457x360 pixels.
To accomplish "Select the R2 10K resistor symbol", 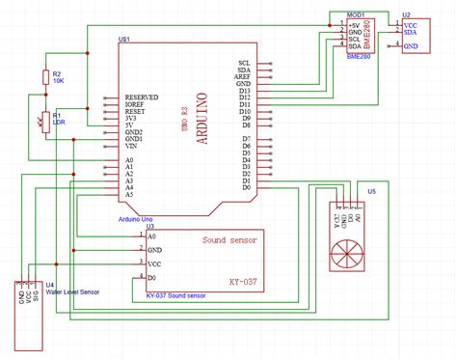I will pyautogui.click(x=44, y=77).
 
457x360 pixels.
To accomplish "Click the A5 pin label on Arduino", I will pyautogui.click(x=129, y=195).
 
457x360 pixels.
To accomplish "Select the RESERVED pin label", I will pyautogui.click(x=142, y=97).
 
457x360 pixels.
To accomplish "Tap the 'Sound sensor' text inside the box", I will pyautogui.click(x=231, y=240).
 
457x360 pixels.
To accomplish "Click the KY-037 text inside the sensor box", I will pyautogui.click(x=243, y=282).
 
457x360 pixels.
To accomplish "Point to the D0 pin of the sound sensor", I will pyautogui.click(x=151, y=277).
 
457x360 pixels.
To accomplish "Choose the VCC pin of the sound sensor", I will pyautogui.click(x=153, y=263).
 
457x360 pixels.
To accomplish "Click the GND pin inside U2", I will pyautogui.click(x=410, y=45).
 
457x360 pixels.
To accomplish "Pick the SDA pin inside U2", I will pyautogui.click(x=410, y=34).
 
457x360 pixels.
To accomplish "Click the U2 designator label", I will pyautogui.click(x=406, y=14).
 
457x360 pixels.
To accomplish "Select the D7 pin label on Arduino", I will pyautogui.click(x=246, y=142).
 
